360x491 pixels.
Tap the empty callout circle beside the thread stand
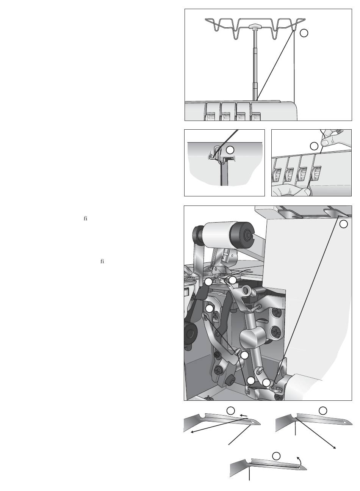(304, 33)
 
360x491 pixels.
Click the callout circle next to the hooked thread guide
(230, 150)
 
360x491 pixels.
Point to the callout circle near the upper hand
(314, 146)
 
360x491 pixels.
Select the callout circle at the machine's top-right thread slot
(343, 224)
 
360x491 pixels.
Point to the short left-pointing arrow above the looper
(243, 416)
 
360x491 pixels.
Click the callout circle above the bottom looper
(276, 456)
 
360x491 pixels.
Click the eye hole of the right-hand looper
(345, 422)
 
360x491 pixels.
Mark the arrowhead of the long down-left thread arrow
(193, 432)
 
